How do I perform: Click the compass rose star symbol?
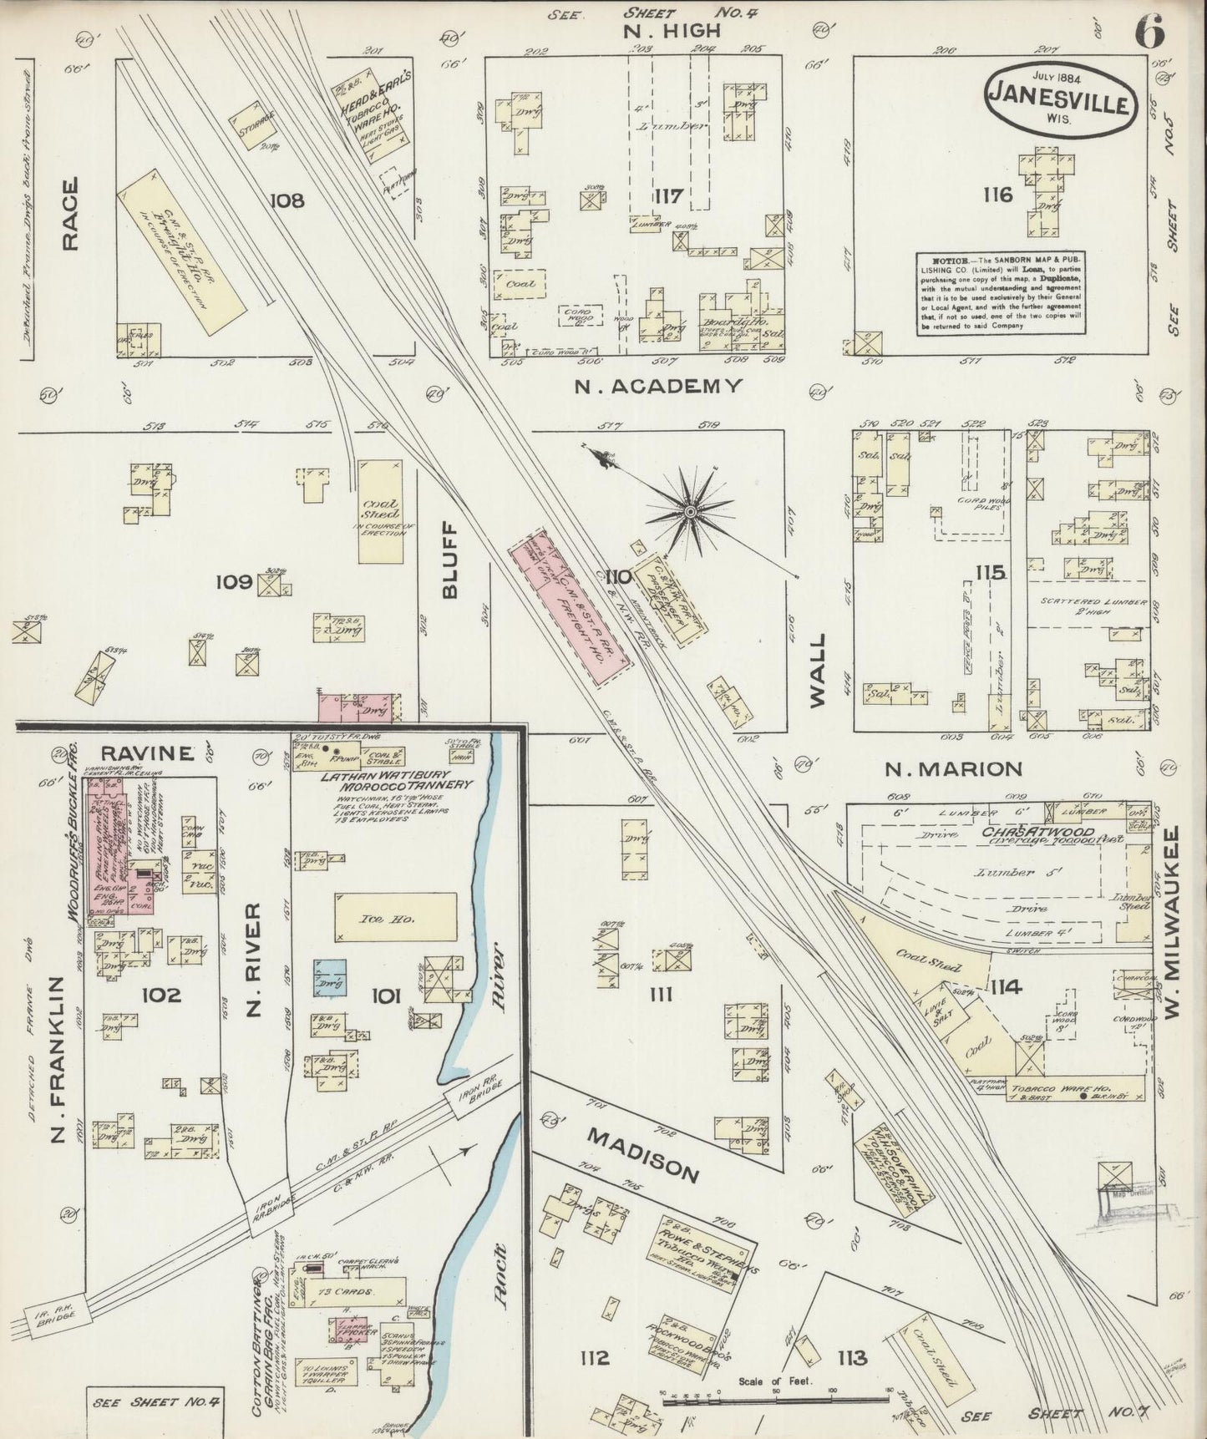691,510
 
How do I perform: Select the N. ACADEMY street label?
658,385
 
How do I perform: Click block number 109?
234,581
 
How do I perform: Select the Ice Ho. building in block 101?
396,919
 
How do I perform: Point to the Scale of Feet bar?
774,1396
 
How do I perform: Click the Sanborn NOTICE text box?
1002,293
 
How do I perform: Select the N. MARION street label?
953,768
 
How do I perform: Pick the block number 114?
1006,987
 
